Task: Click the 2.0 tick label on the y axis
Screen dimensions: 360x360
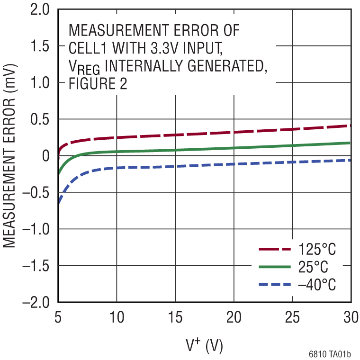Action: click(x=40, y=9)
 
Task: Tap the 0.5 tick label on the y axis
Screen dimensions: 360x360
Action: click(x=40, y=119)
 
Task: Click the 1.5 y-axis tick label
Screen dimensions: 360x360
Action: click(x=40, y=46)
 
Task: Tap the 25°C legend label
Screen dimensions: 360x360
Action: click(x=313, y=267)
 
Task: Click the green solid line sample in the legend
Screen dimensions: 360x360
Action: click(x=274, y=267)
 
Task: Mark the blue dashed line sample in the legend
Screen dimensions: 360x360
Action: click(x=274, y=284)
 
